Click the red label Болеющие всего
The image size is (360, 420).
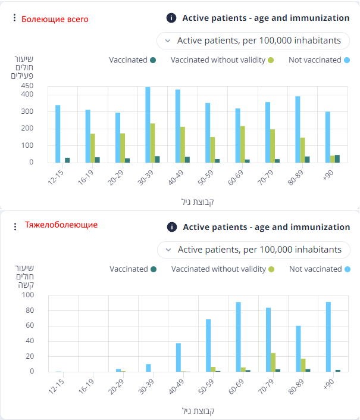point(55,19)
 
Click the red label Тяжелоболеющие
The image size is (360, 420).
point(61,225)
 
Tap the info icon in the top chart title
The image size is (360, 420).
point(171,18)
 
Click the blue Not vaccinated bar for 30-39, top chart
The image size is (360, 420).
point(148,125)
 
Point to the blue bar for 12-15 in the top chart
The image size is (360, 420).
point(58,133)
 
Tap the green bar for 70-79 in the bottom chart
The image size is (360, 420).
point(273,362)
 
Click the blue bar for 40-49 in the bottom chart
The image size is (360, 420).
point(178,357)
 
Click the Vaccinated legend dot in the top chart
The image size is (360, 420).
point(153,60)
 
